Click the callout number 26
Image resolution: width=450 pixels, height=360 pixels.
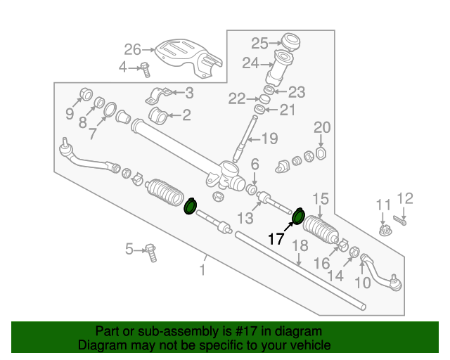click(133, 49)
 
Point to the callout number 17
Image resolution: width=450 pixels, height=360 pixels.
click(276, 239)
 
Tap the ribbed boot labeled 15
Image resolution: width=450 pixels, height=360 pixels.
click(321, 229)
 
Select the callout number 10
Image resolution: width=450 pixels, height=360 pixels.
click(363, 283)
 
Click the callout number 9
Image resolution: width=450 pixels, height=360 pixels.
click(70, 114)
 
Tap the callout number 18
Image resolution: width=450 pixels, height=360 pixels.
click(300, 245)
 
